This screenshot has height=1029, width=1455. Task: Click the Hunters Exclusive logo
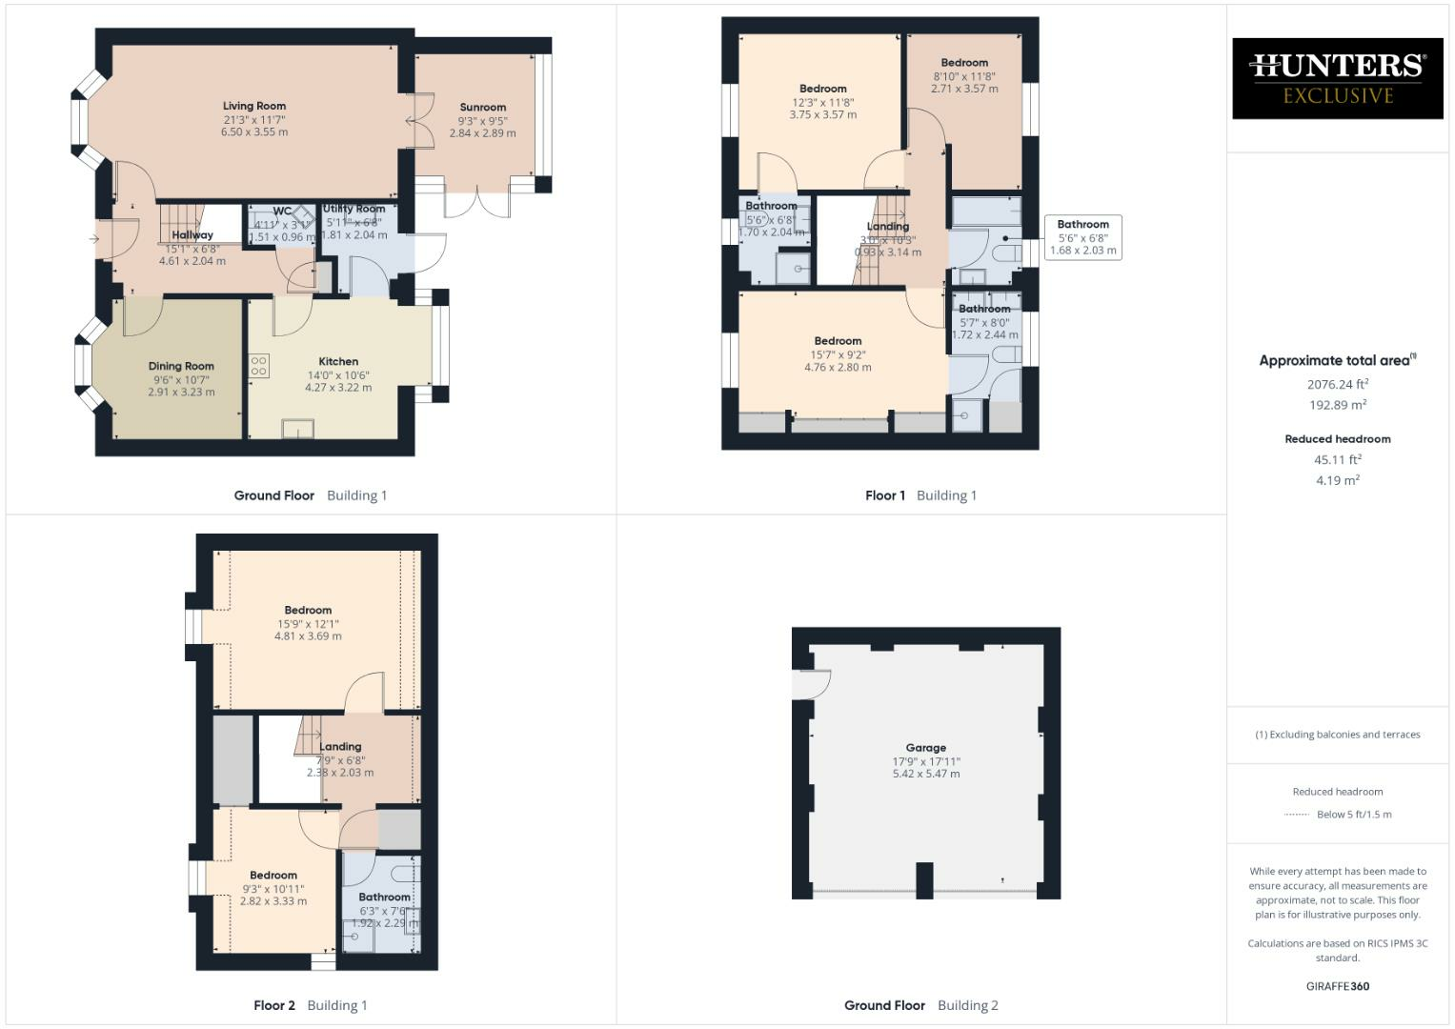pos(1337,78)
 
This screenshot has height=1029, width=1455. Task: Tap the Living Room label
pos(254,107)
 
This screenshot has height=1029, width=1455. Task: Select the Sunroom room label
pos(482,108)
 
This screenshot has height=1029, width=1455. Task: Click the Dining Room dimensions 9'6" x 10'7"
pos(181,379)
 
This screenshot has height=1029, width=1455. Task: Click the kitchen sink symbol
pos(297,429)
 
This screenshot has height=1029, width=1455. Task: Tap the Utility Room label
pos(354,209)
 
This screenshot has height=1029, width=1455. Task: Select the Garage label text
pos(925,748)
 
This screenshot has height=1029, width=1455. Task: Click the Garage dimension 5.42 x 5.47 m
pos(925,774)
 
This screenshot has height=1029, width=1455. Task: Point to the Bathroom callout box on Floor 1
pos(1082,237)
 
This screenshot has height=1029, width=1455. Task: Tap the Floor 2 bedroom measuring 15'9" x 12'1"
pos(308,623)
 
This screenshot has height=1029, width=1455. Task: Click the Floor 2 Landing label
pos(340,747)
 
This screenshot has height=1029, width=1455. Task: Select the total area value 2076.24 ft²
pos(1338,385)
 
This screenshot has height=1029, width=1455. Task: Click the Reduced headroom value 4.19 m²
pos(1338,480)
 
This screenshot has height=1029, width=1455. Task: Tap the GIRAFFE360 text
pos(1338,986)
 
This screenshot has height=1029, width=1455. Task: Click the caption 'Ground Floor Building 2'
pos(920,1005)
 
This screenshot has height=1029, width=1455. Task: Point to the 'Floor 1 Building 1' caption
pos(920,495)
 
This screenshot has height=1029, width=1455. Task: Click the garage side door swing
pos(813,684)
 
